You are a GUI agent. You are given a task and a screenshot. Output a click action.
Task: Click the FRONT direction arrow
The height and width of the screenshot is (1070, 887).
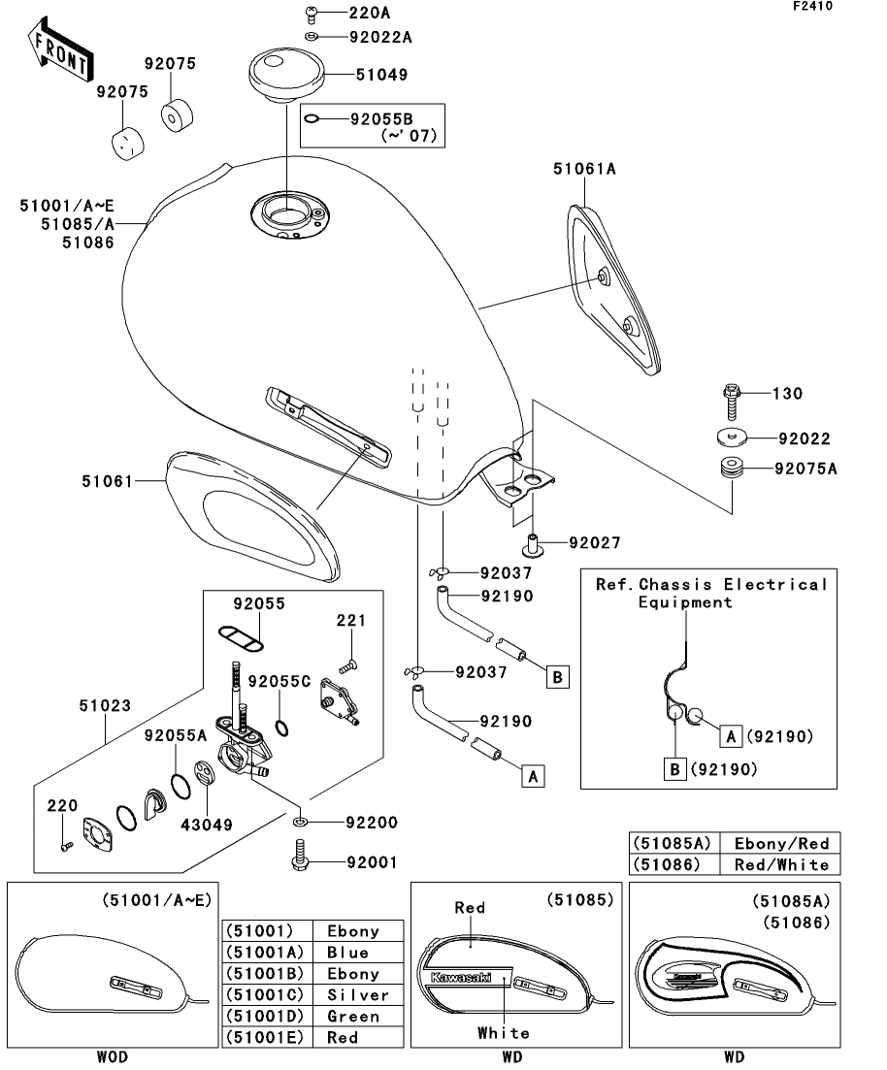[x=58, y=52]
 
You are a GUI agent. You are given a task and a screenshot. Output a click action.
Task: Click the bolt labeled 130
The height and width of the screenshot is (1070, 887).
[x=732, y=394]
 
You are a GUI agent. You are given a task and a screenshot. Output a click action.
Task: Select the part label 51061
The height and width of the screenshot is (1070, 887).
[x=107, y=479]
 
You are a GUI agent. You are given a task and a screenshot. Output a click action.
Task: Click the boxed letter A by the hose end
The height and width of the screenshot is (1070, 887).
[x=532, y=775]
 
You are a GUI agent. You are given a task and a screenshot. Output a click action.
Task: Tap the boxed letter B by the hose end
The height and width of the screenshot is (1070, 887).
[x=557, y=676]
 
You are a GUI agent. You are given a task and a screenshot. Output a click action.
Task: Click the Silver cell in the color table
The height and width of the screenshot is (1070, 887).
[x=358, y=995]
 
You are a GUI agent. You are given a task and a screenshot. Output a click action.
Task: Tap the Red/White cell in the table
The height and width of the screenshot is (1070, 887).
[x=781, y=864]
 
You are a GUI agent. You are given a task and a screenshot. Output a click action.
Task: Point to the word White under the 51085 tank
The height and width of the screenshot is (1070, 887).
[x=504, y=1033]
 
